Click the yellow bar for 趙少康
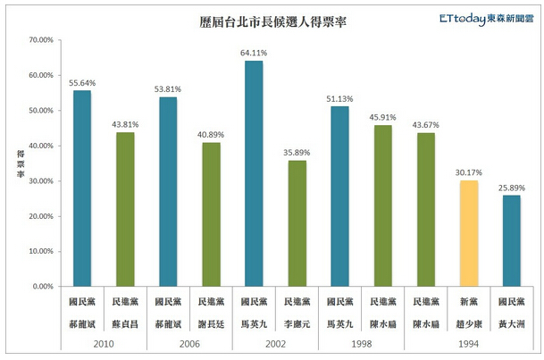point(468,233)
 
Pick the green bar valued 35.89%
point(297,223)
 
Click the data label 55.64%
point(82,83)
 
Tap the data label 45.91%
point(382,117)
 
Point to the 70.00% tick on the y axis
point(40,40)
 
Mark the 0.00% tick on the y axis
point(42,287)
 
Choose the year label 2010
point(104,343)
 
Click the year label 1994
point(468,343)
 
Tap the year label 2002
point(275,343)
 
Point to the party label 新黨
point(468,303)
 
